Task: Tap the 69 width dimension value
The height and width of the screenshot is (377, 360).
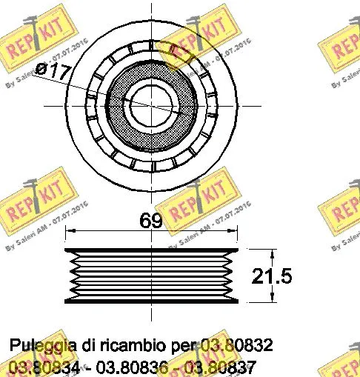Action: point(151,220)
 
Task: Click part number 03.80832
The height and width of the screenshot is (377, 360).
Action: point(236,345)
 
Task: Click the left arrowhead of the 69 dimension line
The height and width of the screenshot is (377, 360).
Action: point(68,233)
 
